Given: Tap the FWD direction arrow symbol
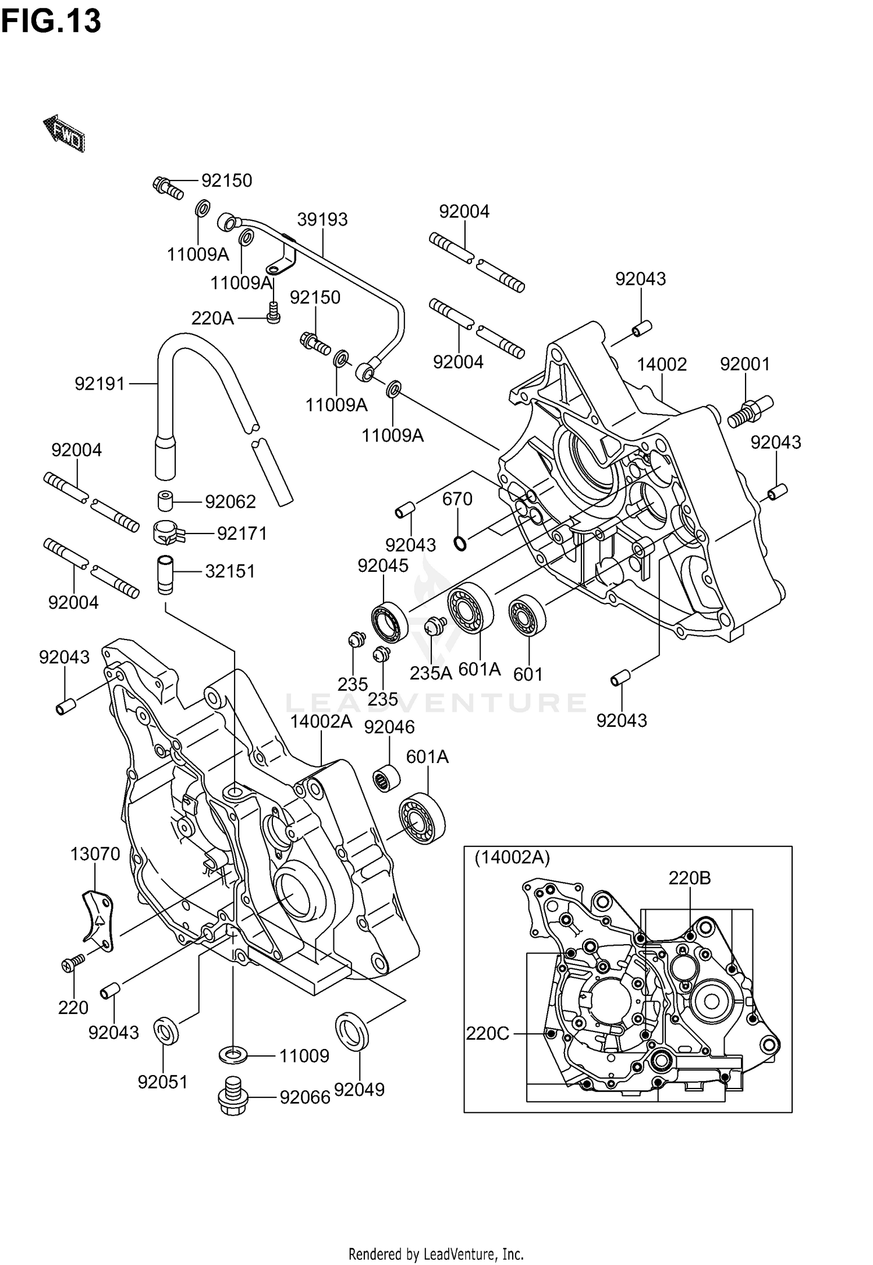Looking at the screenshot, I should (65, 133).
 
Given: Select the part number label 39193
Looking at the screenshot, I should (322, 220).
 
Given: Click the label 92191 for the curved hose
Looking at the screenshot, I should (100, 384).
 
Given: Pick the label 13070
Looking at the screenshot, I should (95, 854).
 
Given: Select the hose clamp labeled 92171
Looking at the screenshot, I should (168, 532).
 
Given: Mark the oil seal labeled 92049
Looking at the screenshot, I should (352, 1031).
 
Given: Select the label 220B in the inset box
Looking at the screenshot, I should (689, 878).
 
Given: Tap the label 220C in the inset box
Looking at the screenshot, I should (488, 1033).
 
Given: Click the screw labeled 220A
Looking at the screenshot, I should (273, 314).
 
